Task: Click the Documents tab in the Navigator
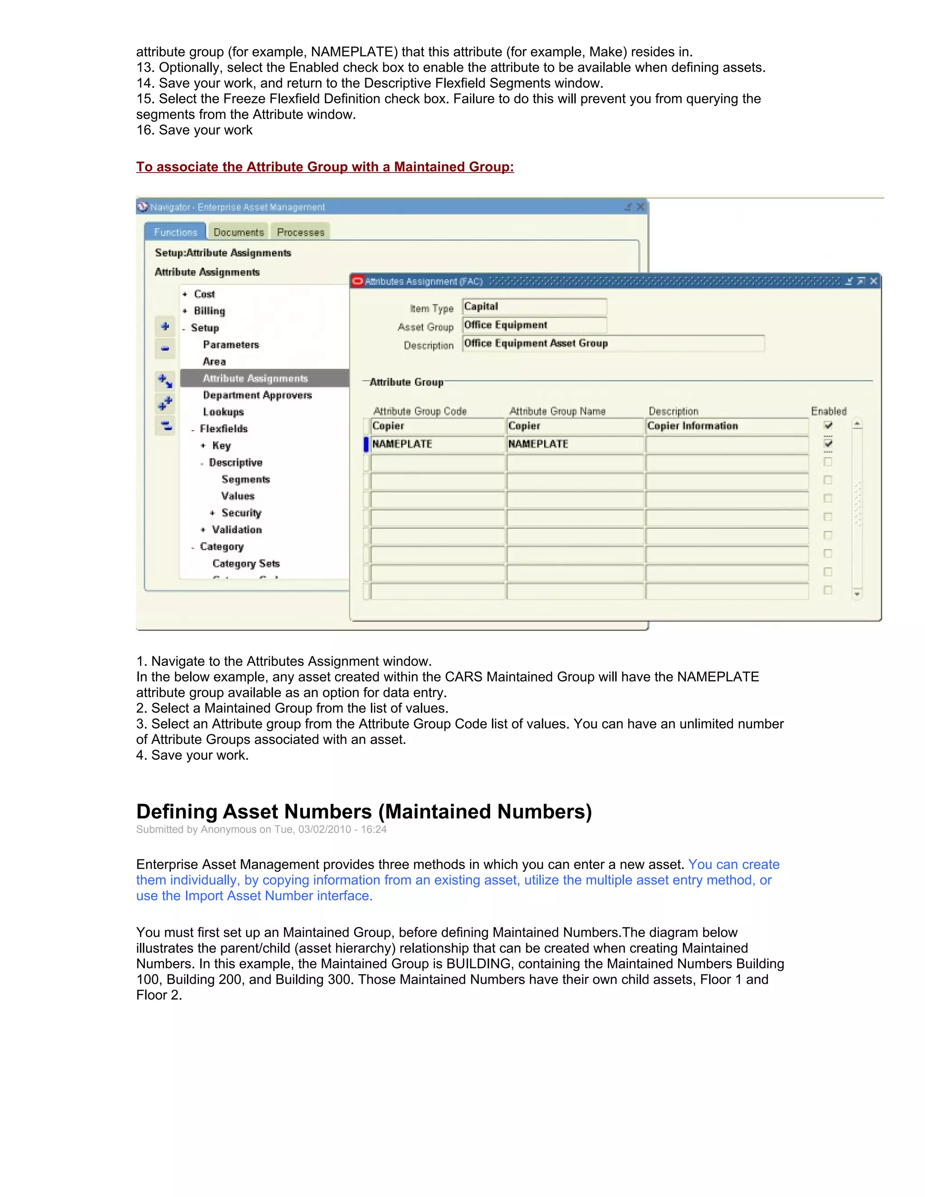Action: (238, 232)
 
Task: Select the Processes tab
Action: (300, 232)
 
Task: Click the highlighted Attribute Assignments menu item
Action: (255, 378)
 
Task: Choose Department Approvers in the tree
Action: (257, 395)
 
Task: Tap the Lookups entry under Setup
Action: (223, 411)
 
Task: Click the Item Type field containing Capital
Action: (534, 306)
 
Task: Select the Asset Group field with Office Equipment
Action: (534, 325)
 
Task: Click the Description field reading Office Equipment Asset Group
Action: (612, 344)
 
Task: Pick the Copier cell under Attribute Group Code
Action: (436, 426)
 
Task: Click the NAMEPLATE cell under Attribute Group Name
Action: (574, 444)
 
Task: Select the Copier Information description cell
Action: (726, 426)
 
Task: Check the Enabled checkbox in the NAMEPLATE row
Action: (828, 443)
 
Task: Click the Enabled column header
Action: (828, 411)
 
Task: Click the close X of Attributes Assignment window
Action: (874, 281)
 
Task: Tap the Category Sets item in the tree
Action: (246, 563)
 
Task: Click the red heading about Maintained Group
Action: (324, 167)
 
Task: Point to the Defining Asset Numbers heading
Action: (364, 811)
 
